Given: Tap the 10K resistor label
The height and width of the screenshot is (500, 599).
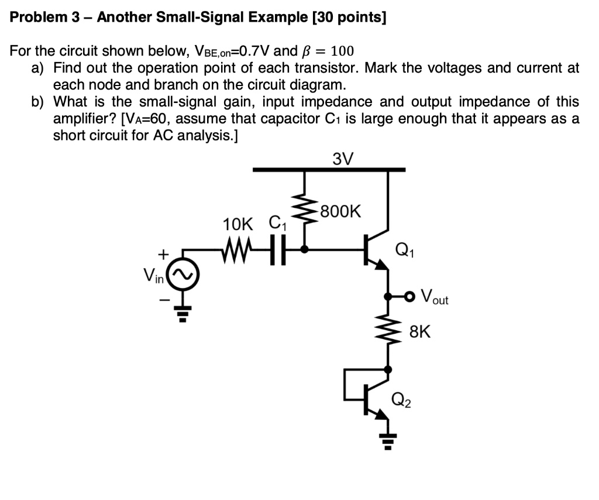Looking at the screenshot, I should tap(239, 224).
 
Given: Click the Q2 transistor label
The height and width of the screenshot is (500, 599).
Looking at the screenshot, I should tap(401, 400).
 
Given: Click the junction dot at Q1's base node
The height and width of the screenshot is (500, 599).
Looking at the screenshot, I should tap(304, 249).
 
